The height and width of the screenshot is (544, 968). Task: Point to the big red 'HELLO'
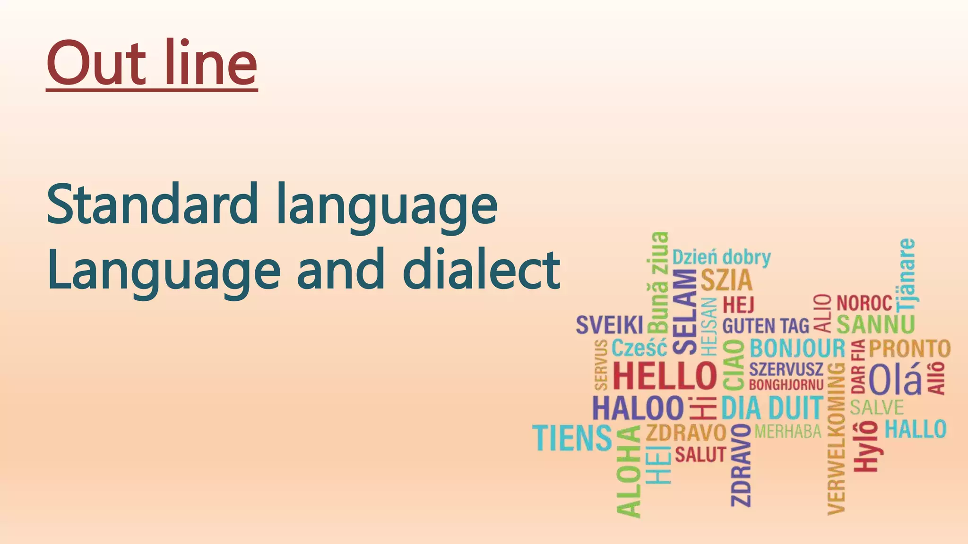coord(665,376)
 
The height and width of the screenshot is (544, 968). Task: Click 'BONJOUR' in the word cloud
coord(797,348)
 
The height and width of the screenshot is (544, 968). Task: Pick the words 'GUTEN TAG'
coord(766,326)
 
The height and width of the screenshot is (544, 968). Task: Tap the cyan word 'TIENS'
coord(572,438)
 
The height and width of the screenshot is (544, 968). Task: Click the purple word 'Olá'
coord(895,378)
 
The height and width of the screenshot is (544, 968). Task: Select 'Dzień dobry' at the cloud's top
coord(721,258)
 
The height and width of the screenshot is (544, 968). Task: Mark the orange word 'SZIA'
coord(726,280)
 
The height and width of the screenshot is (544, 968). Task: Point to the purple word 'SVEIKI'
coord(609,325)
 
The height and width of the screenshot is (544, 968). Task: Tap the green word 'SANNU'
coord(876,324)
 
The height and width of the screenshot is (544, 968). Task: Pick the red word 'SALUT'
coord(700,455)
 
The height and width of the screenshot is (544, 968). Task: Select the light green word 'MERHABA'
coord(788,431)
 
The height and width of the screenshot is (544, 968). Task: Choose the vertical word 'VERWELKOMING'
coord(837,438)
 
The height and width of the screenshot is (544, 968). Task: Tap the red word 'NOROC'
coord(864,303)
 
